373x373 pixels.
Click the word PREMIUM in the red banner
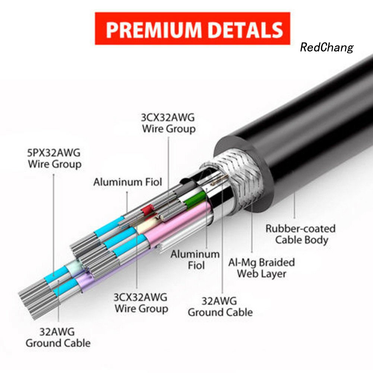(154, 29)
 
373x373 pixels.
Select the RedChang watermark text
(327, 47)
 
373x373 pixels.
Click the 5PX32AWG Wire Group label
(54, 158)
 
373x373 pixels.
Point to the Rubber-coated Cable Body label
(301, 234)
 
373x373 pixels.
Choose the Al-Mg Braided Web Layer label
(262, 268)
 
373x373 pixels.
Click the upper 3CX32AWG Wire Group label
(168, 123)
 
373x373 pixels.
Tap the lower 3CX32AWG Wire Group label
(140, 303)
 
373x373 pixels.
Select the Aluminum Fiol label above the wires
(128, 182)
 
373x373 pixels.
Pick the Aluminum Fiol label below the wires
(195, 260)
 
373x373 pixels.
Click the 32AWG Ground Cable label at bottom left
(58, 338)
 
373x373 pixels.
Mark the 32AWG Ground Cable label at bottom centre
(220, 307)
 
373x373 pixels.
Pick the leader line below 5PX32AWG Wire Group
(54, 225)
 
